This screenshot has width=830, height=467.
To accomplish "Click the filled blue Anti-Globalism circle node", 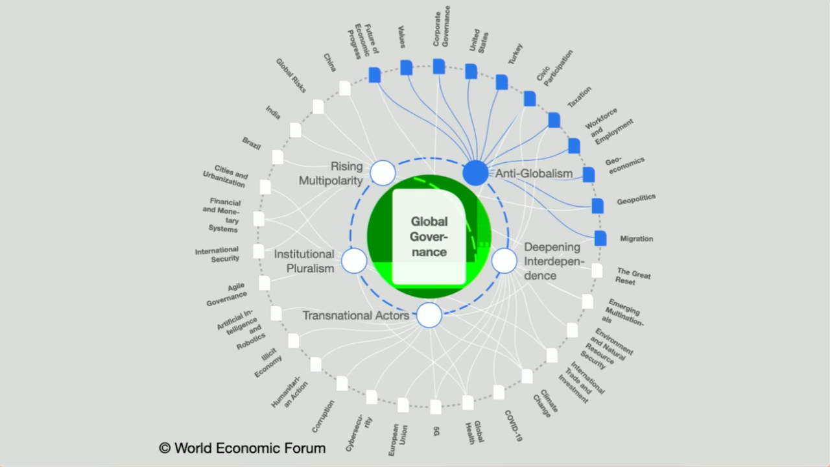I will click(x=475, y=173).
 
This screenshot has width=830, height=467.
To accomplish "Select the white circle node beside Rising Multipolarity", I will click(x=383, y=173).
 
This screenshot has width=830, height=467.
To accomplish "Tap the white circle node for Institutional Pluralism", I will click(x=354, y=261).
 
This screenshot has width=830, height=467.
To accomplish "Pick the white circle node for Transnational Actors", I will click(x=429, y=315).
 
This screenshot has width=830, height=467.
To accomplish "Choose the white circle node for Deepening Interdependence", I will click(x=504, y=261).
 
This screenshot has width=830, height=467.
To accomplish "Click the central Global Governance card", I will click(x=429, y=237).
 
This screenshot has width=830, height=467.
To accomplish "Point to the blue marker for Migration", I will click(x=600, y=238).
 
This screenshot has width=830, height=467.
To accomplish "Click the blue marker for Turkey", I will click(x=501, y=82).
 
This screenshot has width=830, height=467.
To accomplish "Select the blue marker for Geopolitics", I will click(x=597, y=206).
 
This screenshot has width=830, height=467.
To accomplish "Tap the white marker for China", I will click(x=345, y=88).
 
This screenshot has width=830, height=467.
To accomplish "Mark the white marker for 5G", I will click(x=436, y=407).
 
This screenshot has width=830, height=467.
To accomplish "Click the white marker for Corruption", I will click(x=342, y=383).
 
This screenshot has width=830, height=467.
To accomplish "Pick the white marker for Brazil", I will click(x=278, y=157).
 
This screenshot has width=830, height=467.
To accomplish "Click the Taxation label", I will click(x=579, y=97).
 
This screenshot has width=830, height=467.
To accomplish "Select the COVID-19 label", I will click(x=513, y=425).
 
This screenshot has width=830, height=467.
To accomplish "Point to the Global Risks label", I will click(x=290, y=75).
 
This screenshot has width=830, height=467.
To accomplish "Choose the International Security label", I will click(x=217, y=254).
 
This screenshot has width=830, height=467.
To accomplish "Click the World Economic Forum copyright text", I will click(x=243, y=448).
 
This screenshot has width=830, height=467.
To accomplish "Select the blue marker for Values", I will click(x=406, y=67).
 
